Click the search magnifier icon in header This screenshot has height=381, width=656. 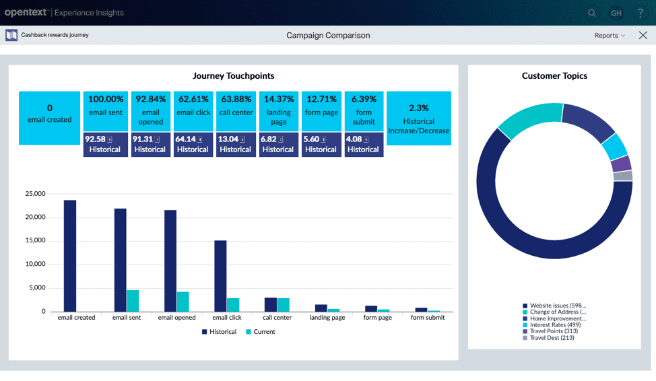[x=592, y=13]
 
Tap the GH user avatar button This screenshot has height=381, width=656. [x=616, y=13]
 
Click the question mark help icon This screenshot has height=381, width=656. [x=639, y=13]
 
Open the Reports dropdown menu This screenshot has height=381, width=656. [x=609, y=36]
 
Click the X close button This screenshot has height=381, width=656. [x=643, y=36]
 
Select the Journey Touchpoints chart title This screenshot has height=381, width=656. [x=233, y=76]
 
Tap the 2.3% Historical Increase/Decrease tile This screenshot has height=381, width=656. [x=418, y=118]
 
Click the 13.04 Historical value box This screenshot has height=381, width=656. [x=235, y=144]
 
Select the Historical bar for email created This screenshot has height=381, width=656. [x=70, y=256]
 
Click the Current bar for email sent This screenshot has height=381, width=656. [x=133, y=300]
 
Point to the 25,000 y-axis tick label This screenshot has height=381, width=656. [x=34, y=194]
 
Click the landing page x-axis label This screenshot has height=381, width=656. [x=327, y=318]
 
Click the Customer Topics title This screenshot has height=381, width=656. [x=554, y=76]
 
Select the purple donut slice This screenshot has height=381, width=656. [x=621, y=164]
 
